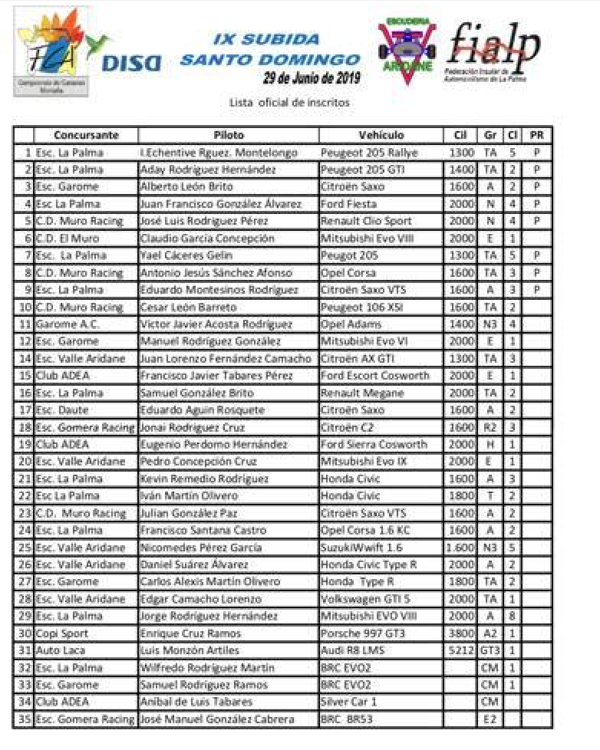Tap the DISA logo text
click(x=131, y=62)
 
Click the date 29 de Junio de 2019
click(x=313, y=78)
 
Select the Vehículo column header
click(x=381, y=136)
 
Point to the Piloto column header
click(x=229, y=136)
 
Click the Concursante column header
click(x=86, y=136)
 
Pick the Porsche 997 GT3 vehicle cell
click(x=361, y=633)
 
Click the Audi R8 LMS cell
click(x=351, y=650)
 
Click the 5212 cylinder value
click(x=459, y=650)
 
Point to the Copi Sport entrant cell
click(x=62, y=633)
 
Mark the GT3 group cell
click(x=490, y=650)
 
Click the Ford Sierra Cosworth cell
click(x=373, y=445)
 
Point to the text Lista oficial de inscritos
click(x=289, y=102)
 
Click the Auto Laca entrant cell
click(x=61, y=650)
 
